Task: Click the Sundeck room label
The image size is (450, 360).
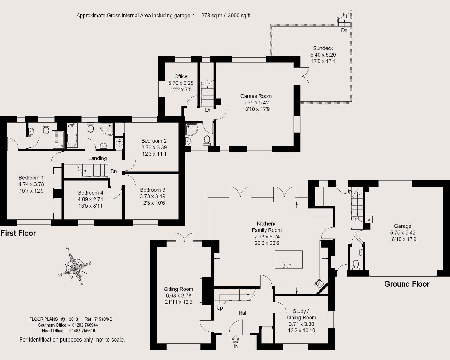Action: point(323,48)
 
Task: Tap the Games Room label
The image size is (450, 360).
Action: point(256,96)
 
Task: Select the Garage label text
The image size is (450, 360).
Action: point(403,226)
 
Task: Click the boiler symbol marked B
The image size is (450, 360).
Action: point(369,219)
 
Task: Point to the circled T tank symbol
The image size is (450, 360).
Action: point(119,143)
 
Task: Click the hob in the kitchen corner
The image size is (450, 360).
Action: point(320,284)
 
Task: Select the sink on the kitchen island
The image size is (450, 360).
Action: point(287,265)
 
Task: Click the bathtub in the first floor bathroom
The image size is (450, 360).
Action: point(72,135)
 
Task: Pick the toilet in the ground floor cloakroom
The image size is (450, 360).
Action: point(356,264)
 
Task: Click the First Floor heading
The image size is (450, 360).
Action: point(18,233)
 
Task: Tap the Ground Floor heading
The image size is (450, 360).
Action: point(407,284)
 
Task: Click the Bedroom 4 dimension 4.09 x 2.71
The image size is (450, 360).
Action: point(91,199)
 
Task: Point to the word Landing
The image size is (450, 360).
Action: point(98,158)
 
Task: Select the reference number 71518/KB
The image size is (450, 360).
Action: point(103,319)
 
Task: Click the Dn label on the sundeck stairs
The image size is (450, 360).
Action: point(344,30)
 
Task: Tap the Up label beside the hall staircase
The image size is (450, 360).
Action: point(220,308)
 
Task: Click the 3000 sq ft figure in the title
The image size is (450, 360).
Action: point(239,16)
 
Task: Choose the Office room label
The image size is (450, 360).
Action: point(181,76)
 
